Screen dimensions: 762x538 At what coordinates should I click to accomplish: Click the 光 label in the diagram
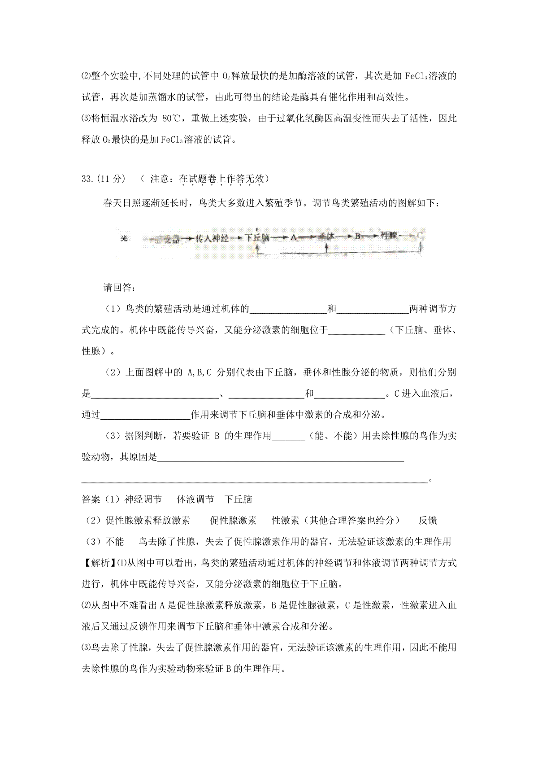(124, 239)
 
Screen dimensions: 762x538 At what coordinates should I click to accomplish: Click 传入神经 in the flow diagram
(213, 239)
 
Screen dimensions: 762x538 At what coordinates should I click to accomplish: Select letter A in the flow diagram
(294, 238)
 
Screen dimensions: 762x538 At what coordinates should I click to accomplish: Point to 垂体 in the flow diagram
(327, 237)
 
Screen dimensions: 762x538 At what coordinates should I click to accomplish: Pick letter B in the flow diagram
(358, 237)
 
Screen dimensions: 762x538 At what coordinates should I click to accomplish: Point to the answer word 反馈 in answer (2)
(428, 521)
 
